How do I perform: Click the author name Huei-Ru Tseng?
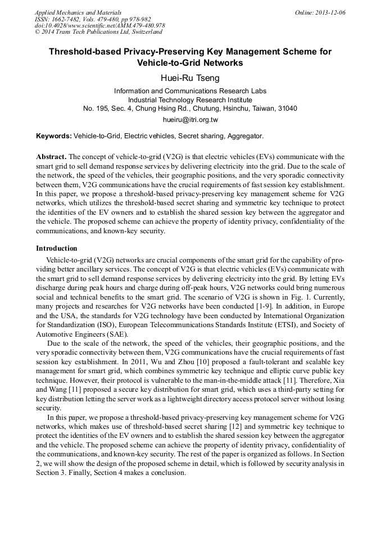pos(190,78)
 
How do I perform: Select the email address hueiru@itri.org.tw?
pos(190,120)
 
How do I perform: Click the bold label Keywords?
pos(54,136)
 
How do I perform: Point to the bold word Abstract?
pos(51,156)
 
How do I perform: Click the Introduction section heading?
pos(57,248)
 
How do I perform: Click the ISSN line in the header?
pos(92,19)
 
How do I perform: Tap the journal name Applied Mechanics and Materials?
pos(78,12)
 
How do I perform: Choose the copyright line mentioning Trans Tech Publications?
pos(98,33)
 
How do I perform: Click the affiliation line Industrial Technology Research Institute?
pos(190,99)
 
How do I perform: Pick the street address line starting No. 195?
pos(190,108)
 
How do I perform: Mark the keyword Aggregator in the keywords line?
pos(246,136)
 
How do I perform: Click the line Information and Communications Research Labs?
pos(190,90)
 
